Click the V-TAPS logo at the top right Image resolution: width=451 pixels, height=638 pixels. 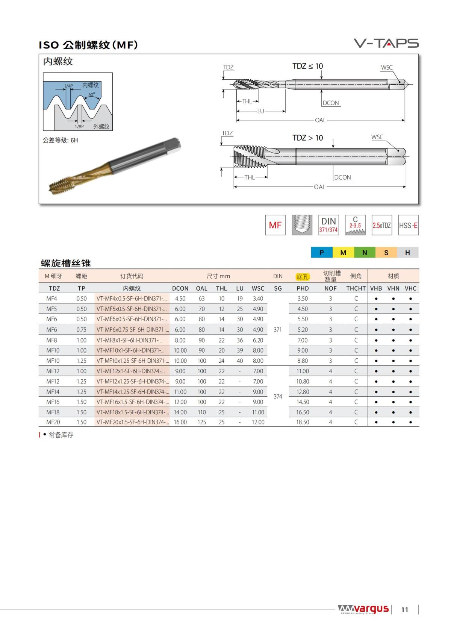click(x=386, y=43)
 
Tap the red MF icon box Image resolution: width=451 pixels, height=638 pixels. click(x=275, y=225)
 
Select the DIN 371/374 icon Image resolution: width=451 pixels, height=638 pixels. click(x=328, y=225)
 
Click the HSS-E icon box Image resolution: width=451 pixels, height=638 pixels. click(x=408, y=225)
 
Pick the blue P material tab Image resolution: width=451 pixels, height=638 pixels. click(x=322, y=253)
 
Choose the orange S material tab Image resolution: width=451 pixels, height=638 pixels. click(x=386, y=253)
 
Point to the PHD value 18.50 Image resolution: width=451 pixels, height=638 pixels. click(x=303, y=422)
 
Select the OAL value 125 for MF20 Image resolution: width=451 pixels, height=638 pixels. click(x=202, y=422)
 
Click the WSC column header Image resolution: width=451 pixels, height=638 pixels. click(x=258, y=288)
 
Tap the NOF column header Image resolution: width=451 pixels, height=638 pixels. click(x=330, y=288)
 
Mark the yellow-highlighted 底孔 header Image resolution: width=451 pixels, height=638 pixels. click(x=303, y=277)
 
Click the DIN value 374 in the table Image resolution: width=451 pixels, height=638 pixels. click(x=278, y=396)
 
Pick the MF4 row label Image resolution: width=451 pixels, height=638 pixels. click(x=52, y=299)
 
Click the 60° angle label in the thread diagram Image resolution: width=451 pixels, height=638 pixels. click(x=92, y=95)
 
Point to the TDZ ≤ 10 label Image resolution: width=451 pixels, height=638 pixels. click(x=307, y=66)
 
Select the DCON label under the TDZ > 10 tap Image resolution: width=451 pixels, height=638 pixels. click(x=342, y=177)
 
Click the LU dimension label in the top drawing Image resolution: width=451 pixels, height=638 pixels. click(x=260, y=111)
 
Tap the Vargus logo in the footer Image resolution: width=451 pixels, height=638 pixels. click(x=363, y=609)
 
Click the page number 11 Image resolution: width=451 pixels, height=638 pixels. click(x=404, y=609)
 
